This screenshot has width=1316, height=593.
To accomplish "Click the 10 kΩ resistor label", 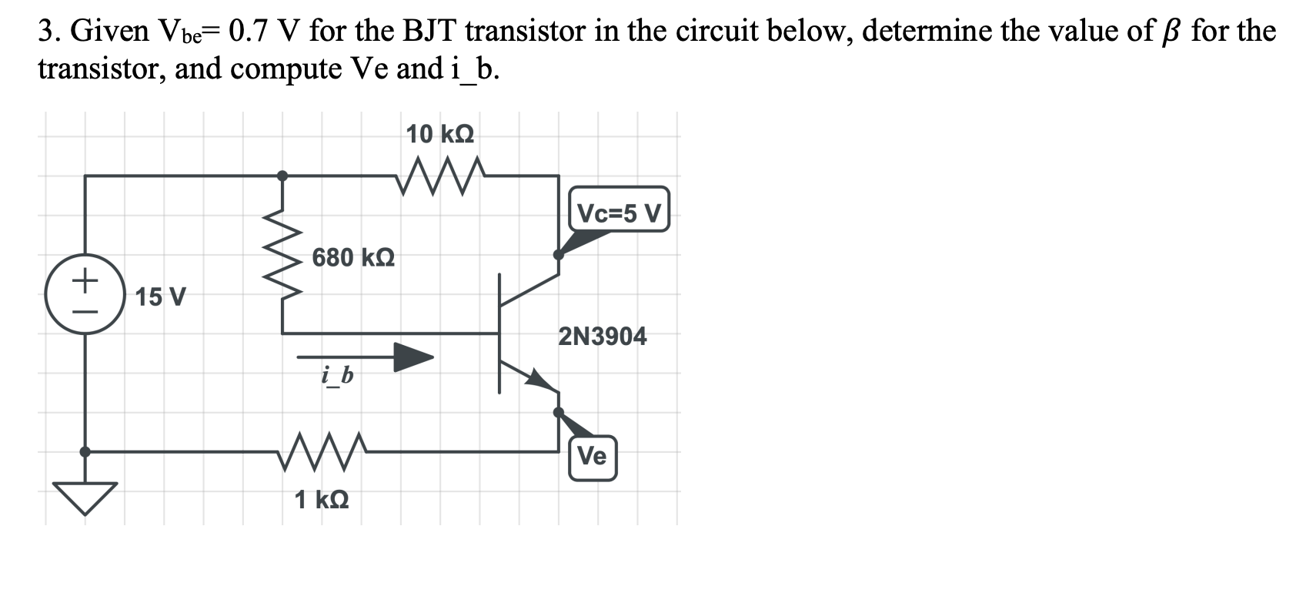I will (439, 135).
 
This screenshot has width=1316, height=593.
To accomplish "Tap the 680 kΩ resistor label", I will (353, 257).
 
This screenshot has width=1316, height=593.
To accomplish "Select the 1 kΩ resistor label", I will (322, 500).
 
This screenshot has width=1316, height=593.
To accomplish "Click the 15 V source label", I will (160, 296).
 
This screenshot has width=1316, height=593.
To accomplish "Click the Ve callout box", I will (592, 457).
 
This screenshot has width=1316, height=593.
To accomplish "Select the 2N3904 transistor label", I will (603, 337).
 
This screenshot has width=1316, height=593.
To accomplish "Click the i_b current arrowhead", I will (413, 357).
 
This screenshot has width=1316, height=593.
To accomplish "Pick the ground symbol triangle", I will (85, 495).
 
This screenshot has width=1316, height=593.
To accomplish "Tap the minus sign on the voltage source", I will (85, 313).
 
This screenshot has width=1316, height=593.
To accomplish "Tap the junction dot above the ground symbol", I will (85, 452).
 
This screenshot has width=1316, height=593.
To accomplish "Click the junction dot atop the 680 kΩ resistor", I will (283, 176).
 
